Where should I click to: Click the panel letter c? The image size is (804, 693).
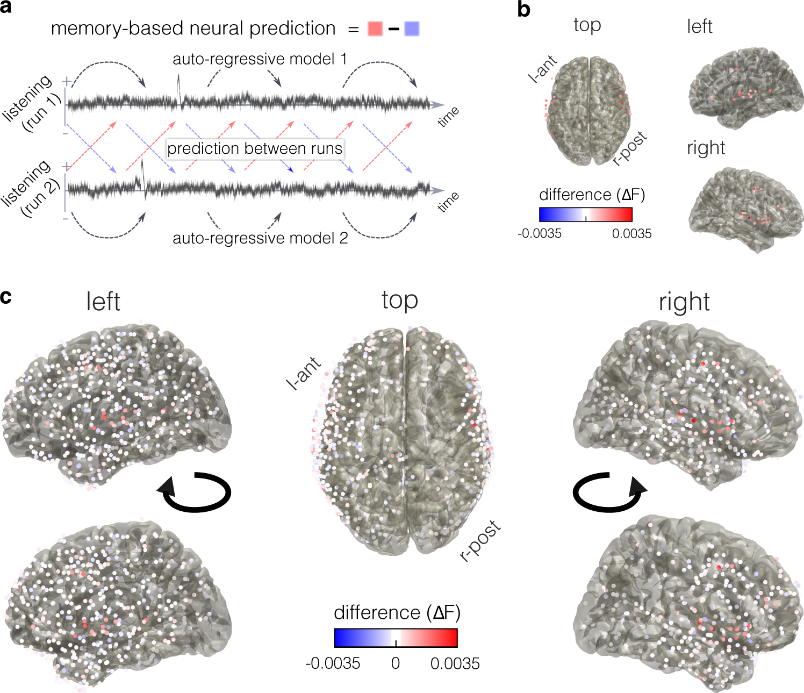tap(6, 297)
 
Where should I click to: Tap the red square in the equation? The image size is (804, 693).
tap(375, 28)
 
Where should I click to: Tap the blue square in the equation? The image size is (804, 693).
tap(412, 28)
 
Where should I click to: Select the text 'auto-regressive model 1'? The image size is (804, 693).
tap(260, 59)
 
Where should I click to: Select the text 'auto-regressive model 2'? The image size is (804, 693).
tap(260, 238)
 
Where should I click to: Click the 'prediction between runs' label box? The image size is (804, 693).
tap(255, 148)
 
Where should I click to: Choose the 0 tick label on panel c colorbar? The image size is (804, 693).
tap(396, 663)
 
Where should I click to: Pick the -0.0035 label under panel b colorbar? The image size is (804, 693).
tap(539, 233)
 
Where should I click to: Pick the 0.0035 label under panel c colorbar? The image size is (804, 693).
tap(455, 663)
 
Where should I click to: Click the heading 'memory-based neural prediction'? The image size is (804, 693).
tap(193, 28)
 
